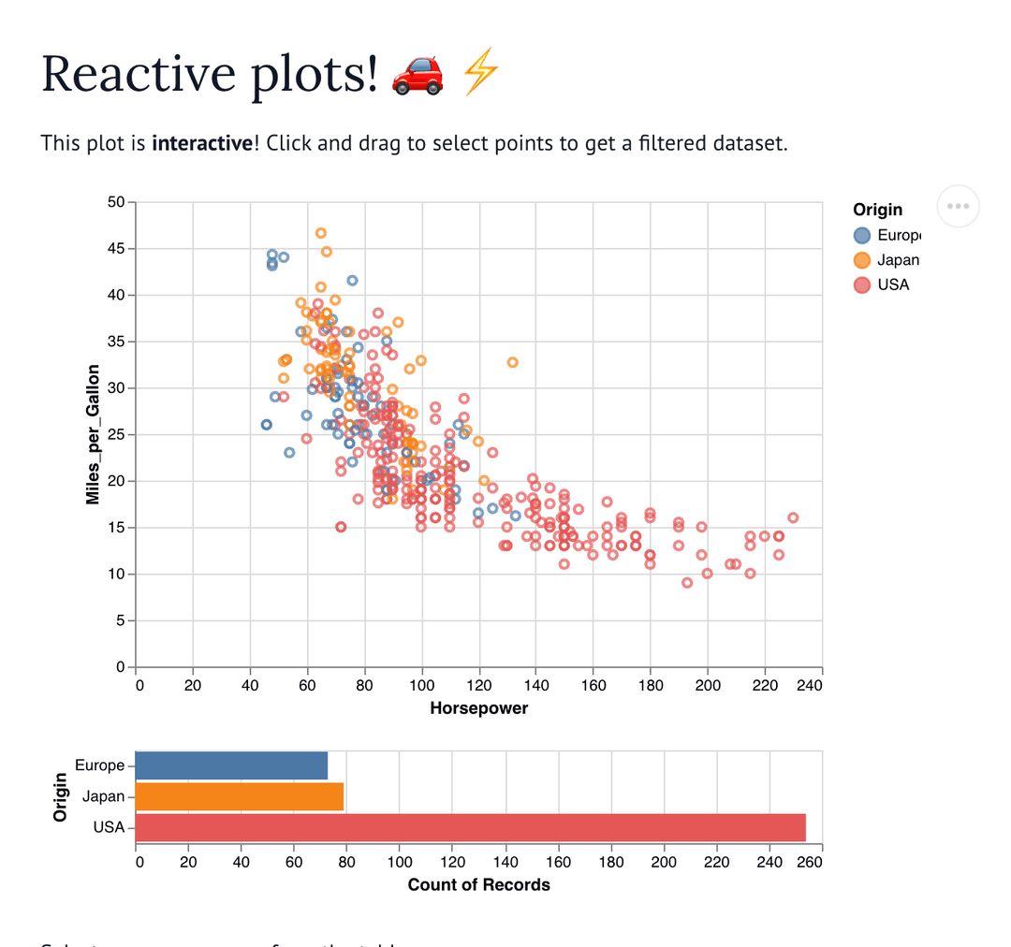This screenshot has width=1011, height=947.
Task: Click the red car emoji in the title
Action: pyautogui.click(x=418, y=74)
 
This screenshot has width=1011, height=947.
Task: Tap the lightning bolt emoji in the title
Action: pyautogui.click(x=482, y=74)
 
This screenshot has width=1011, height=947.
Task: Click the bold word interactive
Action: pyautogui.click(x=201, y=143)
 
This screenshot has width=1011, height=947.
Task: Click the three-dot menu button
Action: pyautogui.click(x=958, y=206)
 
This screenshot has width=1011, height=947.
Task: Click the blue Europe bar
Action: pyautogui.click(x=231, y=765)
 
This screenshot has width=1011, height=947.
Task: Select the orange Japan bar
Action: pyautogui.click(x=240, y=796)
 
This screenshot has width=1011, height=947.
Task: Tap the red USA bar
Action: pyautogui.click(x=470, y=827)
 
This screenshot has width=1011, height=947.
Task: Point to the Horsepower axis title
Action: pyautogui.click(x=478, y=708)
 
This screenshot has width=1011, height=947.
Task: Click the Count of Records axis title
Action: pyautogui.click(x=478, y=884)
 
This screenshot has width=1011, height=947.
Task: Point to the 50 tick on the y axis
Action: pyautogui.click(x=117, y=202)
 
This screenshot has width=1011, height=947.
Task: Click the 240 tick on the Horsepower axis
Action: pyautogui.click(x=809, y=686)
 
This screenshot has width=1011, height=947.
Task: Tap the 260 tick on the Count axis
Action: pyautogui.click(x=809, y=862)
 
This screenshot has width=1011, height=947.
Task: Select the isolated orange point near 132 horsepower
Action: pyautogui.click(x=513, y=362)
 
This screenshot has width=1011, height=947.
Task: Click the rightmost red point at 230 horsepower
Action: pyautogui.click(x=793, y=517)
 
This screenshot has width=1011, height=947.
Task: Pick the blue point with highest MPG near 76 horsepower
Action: pyautogui.click(x=353, y=280)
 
